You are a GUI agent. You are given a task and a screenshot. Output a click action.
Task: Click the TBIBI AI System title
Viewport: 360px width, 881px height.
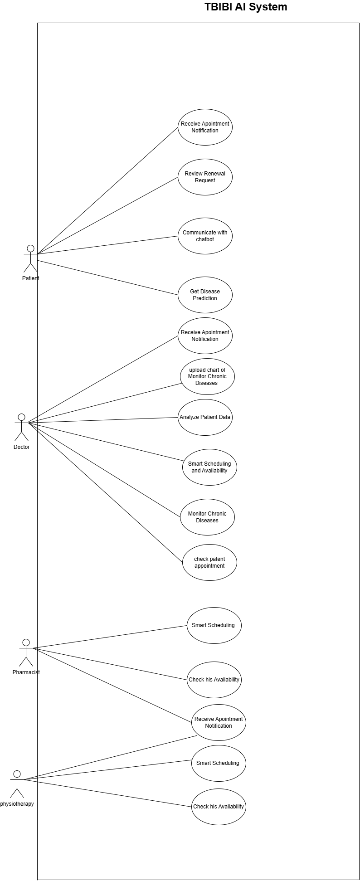click(x=246, y=7)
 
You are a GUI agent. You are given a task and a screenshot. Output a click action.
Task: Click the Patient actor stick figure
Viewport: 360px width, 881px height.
click(x=30, y=258)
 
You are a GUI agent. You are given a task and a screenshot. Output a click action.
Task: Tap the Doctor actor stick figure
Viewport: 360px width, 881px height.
click(x=21, y=427)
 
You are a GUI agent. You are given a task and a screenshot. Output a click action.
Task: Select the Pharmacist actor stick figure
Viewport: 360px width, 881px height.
click(x=26, y=653)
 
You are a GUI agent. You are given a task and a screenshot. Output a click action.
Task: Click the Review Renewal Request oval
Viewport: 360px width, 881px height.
click(x=205, y=177)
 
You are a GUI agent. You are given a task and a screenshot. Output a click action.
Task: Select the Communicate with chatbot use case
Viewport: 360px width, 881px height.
click(x=205, y=236)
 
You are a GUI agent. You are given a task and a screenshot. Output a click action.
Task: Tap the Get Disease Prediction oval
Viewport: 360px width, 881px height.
click(x=205, y=295)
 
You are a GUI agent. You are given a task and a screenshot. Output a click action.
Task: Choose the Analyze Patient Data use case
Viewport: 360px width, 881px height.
click(x=205, y=417)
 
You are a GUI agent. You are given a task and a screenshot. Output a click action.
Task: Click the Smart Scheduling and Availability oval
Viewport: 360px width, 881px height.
click(x=209, y=467)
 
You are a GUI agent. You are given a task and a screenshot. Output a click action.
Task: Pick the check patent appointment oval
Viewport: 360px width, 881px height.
click(x=209, y=562)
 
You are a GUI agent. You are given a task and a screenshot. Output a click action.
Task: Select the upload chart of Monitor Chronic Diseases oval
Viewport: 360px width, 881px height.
click(x=207, y=376)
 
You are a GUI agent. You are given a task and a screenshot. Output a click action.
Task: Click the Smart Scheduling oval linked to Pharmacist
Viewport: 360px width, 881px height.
click(x=214, y=625)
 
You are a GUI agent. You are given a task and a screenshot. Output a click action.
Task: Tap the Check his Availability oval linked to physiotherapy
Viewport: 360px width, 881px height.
click(x=219, y=807)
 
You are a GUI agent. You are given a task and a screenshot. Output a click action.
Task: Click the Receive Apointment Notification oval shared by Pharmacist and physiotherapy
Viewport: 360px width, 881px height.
click(x=219, y=722)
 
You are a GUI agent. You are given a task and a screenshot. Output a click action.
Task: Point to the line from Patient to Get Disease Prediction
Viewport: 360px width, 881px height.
click(x=107, y=277)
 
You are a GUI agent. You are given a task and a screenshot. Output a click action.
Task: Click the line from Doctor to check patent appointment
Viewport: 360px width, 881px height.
click(x=105, y=492)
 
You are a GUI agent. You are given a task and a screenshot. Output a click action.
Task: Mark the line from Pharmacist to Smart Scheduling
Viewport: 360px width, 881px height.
click(x=110, y=637)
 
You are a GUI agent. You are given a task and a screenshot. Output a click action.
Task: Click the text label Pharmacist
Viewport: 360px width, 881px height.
click(x=26, y=672)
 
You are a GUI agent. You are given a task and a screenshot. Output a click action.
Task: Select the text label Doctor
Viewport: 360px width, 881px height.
click(x=21, y=447)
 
